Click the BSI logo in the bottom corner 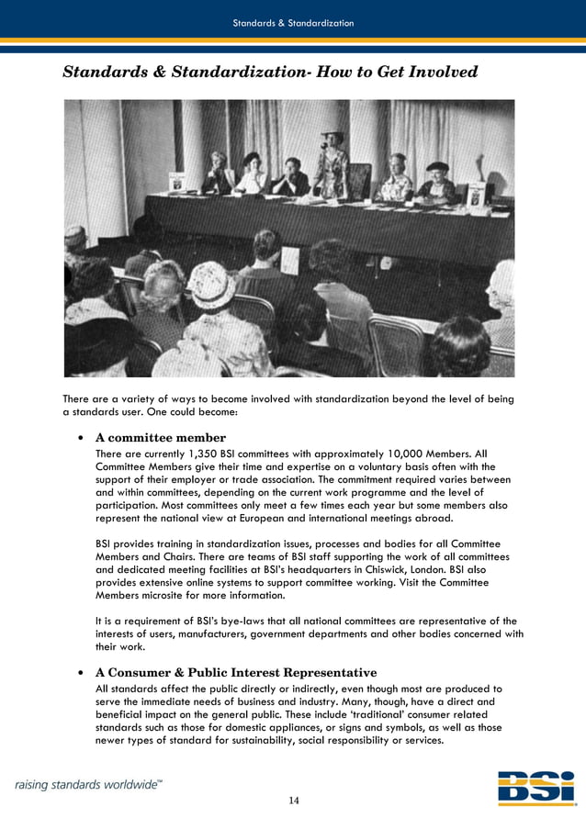click(536, 787)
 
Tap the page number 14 click(293, 801)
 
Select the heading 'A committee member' click(161, 437)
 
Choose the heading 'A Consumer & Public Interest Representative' click(236, 672)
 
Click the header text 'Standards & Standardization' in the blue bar click(293, 23)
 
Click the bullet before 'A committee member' click(83, 438)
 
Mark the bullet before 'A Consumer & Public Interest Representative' click(83, 673)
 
